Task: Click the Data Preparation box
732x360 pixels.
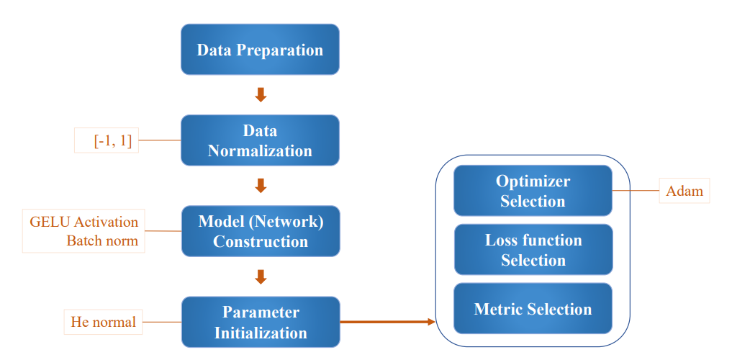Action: pos(260,50)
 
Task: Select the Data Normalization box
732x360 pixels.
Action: pos(260,140)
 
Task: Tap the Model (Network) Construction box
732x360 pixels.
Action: pos(261,231)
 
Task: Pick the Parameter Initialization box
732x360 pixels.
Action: pos(261,322)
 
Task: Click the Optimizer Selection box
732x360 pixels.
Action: pos(533,191)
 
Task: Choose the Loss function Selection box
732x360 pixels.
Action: pos(533,249)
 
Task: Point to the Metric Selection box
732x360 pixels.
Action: pos(533,308)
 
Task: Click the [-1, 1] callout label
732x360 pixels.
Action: pos(107,140)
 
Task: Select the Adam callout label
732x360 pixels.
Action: pos(684,191)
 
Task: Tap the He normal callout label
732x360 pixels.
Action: pos(103,322)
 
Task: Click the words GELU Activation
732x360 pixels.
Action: pos(84,221)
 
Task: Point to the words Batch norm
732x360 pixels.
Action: pos(102,241)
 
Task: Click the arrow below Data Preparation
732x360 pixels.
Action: pos(261,95)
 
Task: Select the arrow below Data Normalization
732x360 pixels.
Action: pos(261,186)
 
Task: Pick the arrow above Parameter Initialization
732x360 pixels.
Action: pos(261,277)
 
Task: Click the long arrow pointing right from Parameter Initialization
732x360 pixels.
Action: pos(387,322)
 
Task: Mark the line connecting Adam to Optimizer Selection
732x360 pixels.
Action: pos(636,191)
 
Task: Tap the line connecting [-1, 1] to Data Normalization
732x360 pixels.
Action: pos(160,140)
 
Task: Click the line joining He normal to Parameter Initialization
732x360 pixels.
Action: pos(162,322)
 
